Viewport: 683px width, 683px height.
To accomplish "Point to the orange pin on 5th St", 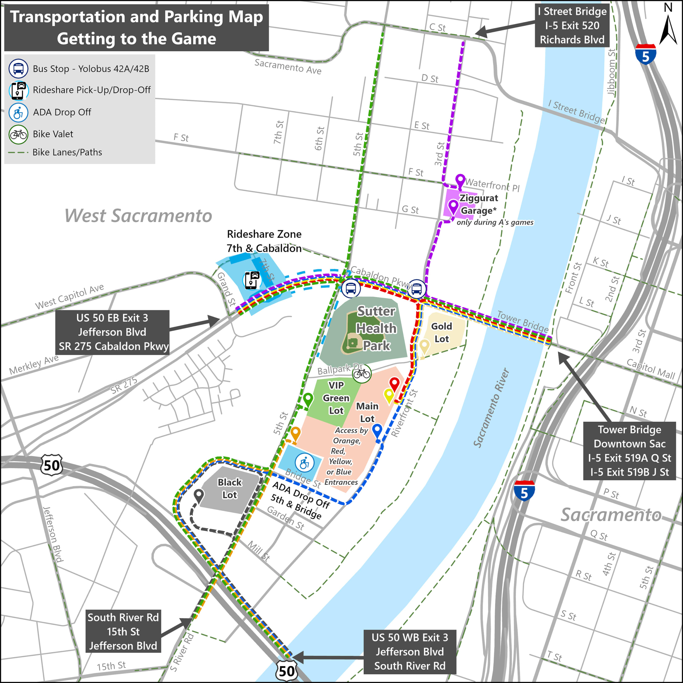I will pos(295,433).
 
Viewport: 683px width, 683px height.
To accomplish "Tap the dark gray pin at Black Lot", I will pos(199,495).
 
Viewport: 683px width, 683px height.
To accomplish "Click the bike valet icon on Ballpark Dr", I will pos(362,373).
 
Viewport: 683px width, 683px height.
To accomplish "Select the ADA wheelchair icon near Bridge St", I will pos(304,463).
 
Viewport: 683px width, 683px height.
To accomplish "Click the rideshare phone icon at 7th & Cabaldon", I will pos(252,280).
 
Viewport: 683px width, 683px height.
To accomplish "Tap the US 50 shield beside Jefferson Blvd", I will pos(52,465).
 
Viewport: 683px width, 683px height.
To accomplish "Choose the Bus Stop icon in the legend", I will pos(18,69).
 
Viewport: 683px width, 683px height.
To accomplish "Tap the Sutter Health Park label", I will pos(376,328).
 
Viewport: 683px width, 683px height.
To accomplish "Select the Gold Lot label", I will pos(441,332).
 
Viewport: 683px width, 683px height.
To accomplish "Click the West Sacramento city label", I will pos(138,215).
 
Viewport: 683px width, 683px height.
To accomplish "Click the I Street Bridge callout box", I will pos(572,25).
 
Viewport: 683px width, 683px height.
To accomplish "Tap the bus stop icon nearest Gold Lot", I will pos(416,289).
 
